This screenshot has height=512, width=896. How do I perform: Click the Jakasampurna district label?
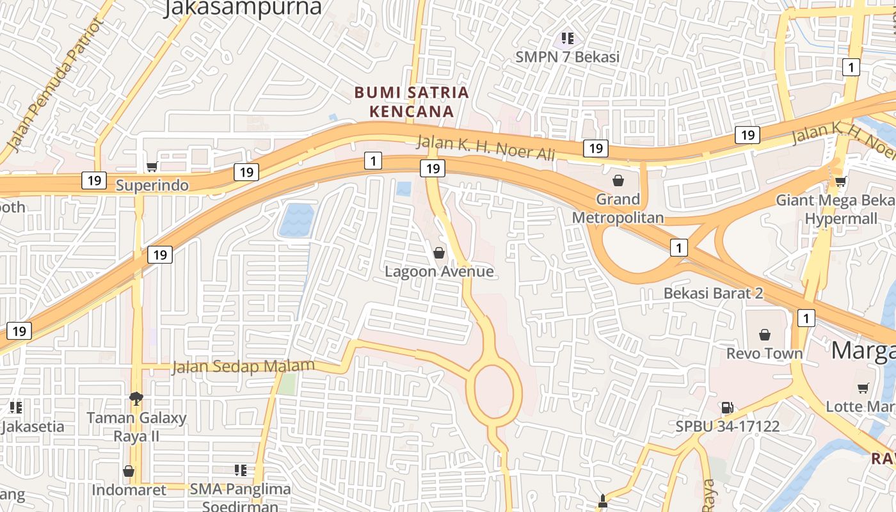click(243, 8)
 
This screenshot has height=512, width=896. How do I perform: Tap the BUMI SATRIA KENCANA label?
click(412, 102)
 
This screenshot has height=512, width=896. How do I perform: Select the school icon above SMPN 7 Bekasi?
click(567, 38)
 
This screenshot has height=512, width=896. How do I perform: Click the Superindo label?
click(152, 186)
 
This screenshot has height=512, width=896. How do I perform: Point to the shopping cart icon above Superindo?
click(152, 167)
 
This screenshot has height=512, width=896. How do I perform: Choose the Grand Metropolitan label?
click(618, 209)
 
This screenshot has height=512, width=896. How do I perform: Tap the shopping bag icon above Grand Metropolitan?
click(618, 180)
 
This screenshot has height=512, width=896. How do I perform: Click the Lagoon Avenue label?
click(439, 271)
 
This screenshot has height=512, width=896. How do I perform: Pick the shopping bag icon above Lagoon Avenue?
click(439, 253)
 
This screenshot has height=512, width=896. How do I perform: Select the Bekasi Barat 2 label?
click(714, 293)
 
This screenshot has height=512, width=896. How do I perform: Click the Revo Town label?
click(764, 353)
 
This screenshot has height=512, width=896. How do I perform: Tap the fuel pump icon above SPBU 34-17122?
click(727, 408)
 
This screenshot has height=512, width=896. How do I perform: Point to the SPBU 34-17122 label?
click(728, 426)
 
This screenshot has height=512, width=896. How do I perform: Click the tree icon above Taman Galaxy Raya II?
click(136, 399)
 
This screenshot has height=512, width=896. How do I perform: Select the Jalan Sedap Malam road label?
click(243, 367)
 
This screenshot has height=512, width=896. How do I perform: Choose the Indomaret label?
click(129, 490)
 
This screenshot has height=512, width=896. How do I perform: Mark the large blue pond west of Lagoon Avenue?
click(296, 220)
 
